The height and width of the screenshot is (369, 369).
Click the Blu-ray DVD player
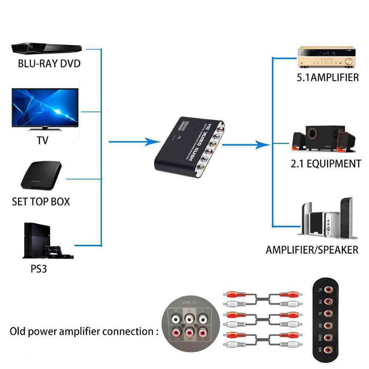(x=46, y=48)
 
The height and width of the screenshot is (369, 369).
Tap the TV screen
(x=45, y=107)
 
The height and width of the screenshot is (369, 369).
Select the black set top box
(x=41, y=175)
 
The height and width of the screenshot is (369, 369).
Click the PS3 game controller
(x=53, y=250)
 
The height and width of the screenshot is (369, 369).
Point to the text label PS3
(x=39, y=270)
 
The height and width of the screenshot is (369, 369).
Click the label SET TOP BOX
(x=41, y=202)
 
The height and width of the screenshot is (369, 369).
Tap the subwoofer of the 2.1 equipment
(x=321, y=137)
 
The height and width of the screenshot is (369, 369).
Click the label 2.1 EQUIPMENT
(x=326, y=164)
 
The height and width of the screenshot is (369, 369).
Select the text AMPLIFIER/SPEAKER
(x=312, y=250)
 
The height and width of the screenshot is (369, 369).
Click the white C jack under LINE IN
(x=177, y=319)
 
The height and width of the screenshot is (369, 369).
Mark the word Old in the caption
(x=19, y=331)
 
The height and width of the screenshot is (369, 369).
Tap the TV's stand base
(x=45, y=128)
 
